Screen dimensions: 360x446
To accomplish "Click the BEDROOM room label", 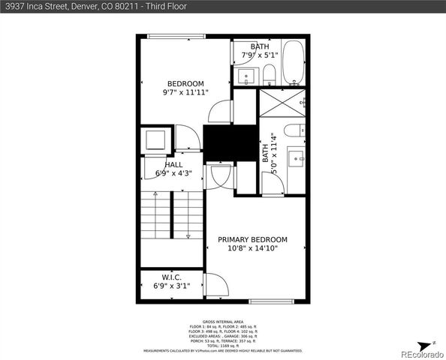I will point(185,83).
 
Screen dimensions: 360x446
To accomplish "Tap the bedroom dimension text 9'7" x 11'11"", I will point(185,92).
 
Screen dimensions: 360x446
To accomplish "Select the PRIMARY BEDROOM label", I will point(252,240).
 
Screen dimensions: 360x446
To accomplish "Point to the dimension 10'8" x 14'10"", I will point(252,249).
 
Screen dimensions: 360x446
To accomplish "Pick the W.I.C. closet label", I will point(172,277).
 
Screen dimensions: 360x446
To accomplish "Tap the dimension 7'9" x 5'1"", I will point(260,55).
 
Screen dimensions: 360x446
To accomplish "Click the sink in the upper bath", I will point(246,76).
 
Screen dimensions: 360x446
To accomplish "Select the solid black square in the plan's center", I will point(219,142).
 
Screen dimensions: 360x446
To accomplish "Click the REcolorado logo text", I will point(422,352).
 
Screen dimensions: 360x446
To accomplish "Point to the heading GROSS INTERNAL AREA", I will point(223,321).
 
